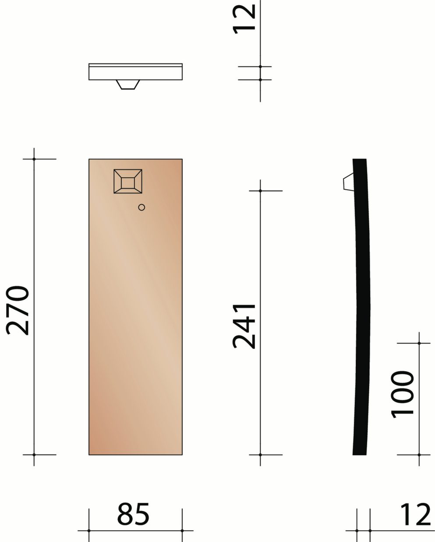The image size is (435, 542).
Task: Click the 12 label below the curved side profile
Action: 415,514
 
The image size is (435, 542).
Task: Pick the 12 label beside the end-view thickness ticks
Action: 244,18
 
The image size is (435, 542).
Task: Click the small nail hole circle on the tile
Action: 141,208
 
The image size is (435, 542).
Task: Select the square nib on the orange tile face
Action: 127,181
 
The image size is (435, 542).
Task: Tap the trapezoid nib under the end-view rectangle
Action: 128,84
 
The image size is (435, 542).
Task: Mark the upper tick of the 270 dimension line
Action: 34,159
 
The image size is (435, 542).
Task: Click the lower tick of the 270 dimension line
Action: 34,455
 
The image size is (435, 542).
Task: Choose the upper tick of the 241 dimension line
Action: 260,191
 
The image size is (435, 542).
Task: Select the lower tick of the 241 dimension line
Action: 260,455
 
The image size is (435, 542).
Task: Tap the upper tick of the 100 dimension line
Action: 419,343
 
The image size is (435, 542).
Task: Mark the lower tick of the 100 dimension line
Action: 419,455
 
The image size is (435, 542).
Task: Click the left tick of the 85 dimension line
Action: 89,531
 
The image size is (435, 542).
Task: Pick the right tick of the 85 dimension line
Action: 182,531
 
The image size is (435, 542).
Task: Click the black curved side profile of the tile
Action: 361,306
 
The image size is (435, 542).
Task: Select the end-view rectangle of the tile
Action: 135,72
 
